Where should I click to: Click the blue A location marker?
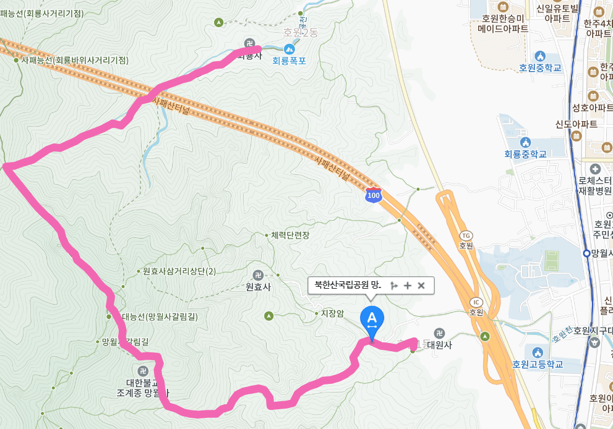tap(372, 319)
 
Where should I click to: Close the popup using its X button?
tap(421, 285)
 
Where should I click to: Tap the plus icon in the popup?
tap(407, 285)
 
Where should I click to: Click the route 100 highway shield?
tap(373, 195)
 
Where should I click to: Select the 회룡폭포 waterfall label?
tap(289, 61)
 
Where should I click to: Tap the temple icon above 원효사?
tap(258, 275)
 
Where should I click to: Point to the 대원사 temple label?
tap(439, 345)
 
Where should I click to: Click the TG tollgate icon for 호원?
tap(466, 236)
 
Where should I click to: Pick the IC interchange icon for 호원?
tap(476, 302)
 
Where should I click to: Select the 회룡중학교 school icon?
tap(526, 142)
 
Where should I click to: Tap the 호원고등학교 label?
tap(538, 364)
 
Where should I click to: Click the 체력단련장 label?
tap(289, 236)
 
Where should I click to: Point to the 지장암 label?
tap(332, 313)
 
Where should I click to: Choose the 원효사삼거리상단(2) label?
tap(179, 271)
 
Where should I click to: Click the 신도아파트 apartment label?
tap(576, 124)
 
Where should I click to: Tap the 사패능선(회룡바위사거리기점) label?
tap(74, 60)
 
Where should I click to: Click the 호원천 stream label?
tap(560, 336)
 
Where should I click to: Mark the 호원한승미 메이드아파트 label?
tap(503, 23)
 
